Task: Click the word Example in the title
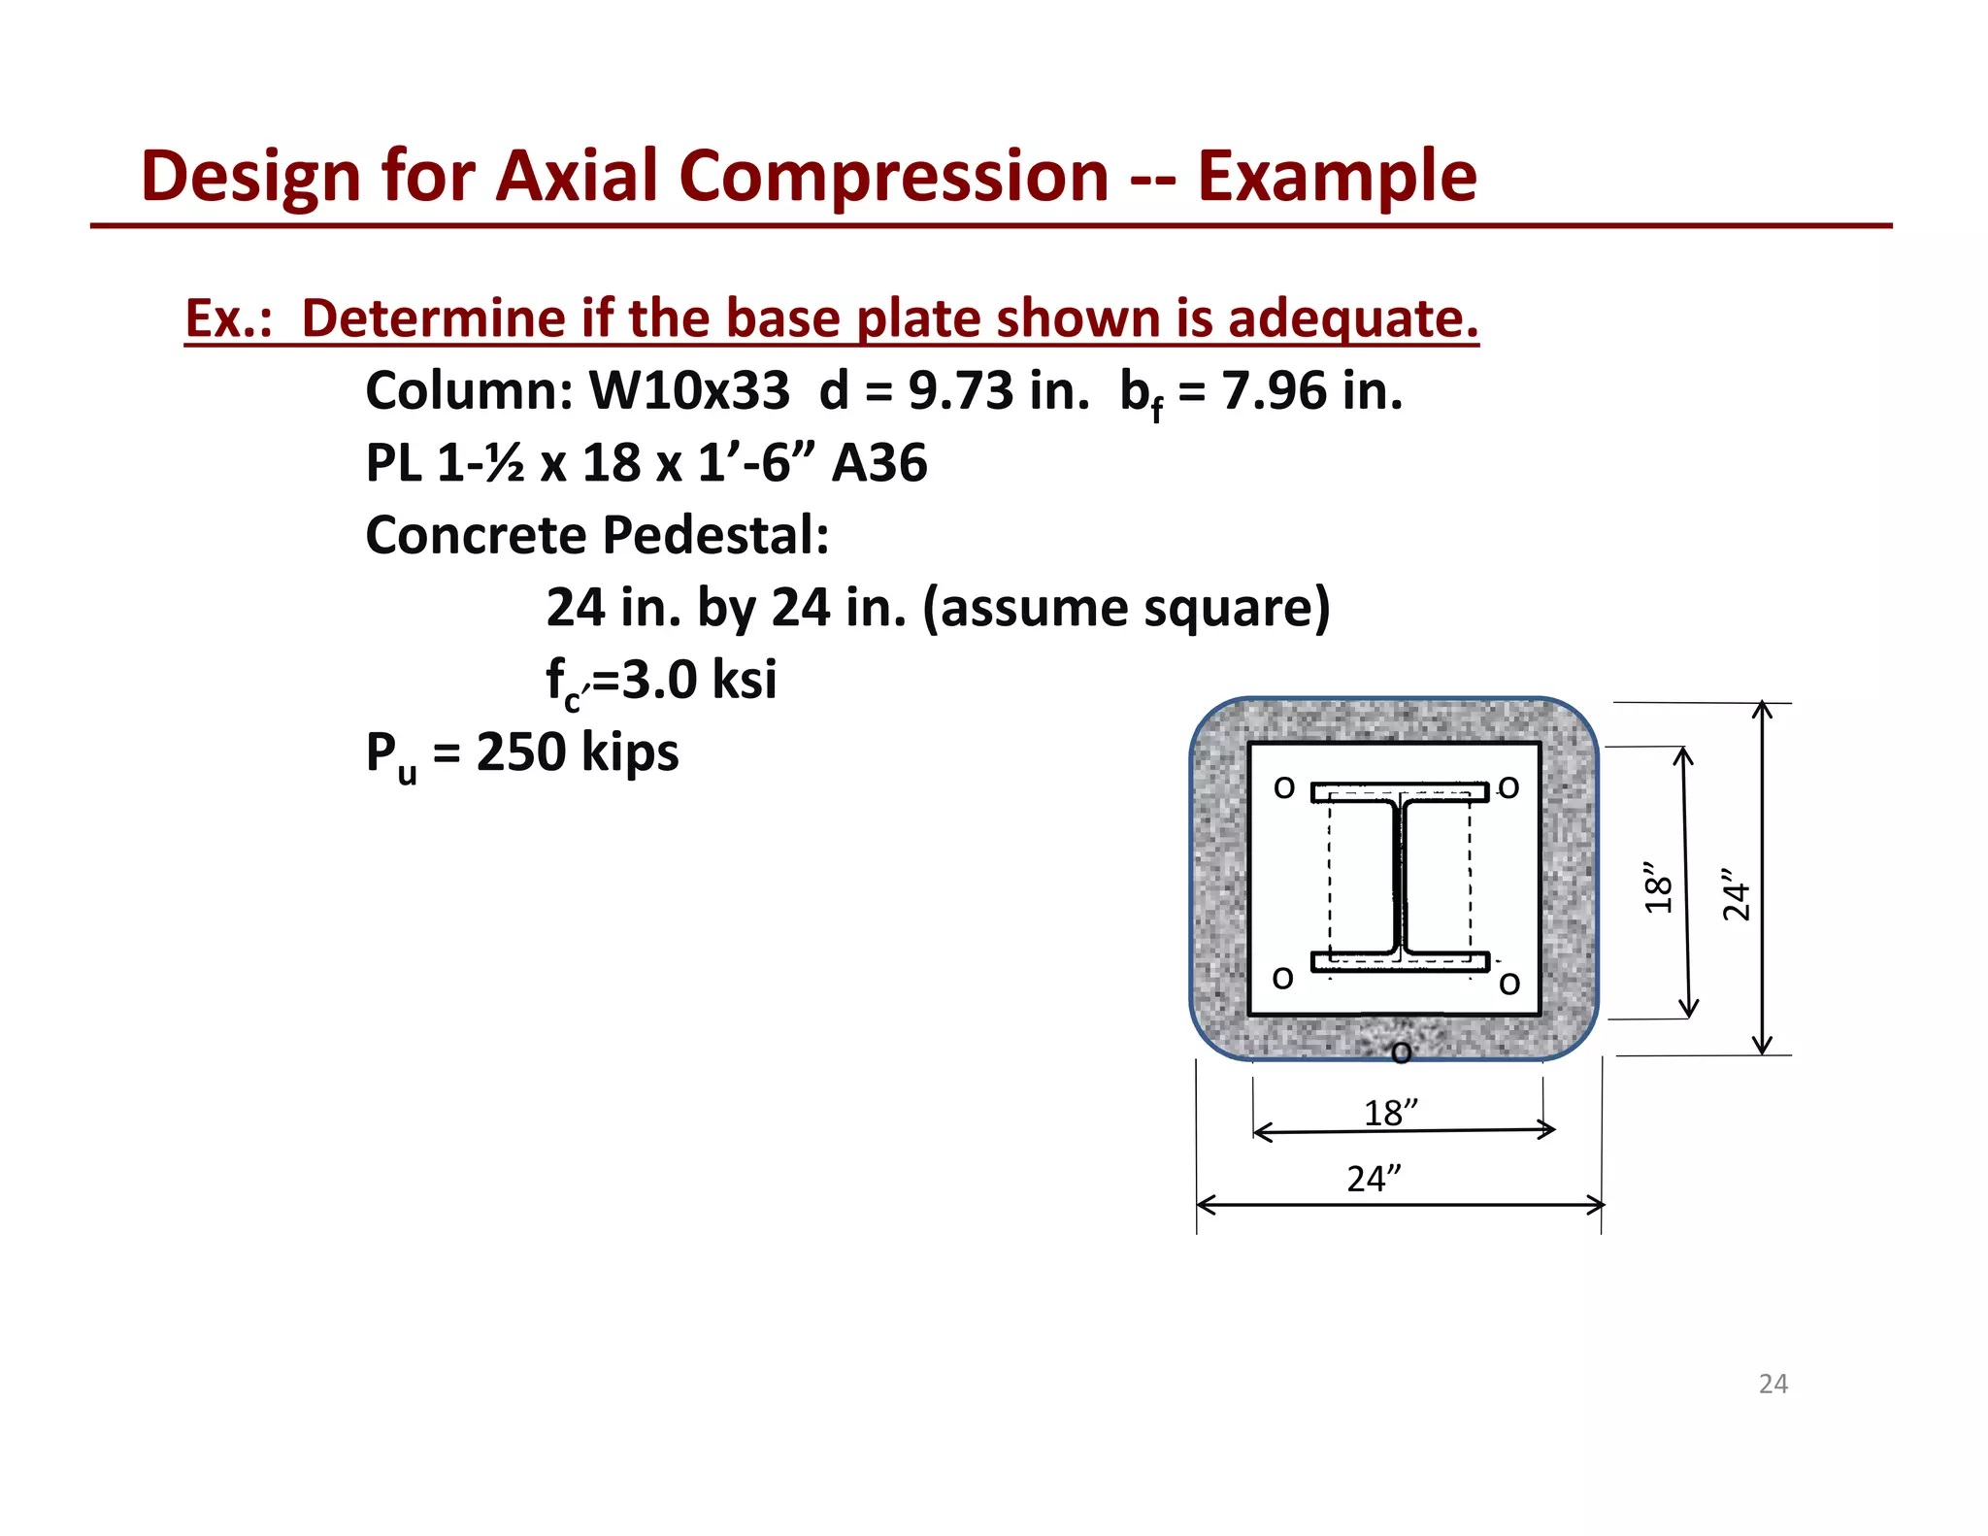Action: click(1337, 177)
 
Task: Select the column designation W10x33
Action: click(689, 390)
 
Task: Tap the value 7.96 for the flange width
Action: click(1274, 390)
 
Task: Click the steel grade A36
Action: click(879, 463)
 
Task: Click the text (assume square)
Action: click(1126, 608)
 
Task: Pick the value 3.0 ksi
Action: click(699, 680)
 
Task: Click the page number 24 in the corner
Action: click(1773, 1384)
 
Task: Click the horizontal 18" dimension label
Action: click(1390, 1113)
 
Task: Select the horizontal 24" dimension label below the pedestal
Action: click(1374, 1179)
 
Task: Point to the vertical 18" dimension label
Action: click(1658, 887)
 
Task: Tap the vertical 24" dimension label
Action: click(1736, 895)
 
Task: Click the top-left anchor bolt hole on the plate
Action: click(1284, 787)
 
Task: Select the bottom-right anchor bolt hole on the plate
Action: click(1509, 984)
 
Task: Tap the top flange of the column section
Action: click(1400, 792)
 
